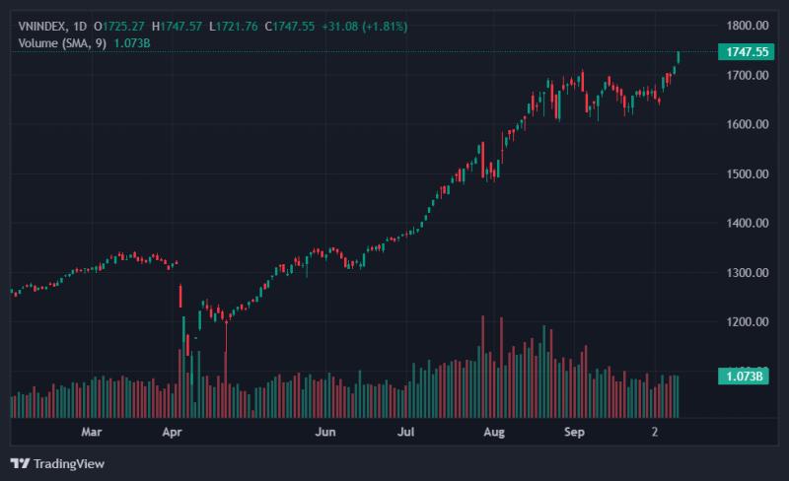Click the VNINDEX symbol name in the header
tap(41, 27)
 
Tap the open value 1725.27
tap(123, 27)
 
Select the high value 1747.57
tap(181, 27)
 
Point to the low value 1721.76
tap(237, 27)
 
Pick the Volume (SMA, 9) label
tap(62, 43)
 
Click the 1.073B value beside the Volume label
tap(132, 43)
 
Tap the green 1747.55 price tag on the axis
tap(746, 52)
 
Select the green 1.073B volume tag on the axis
tap(744, 377)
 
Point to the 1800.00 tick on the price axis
tap(748, 26)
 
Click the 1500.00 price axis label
tap(748, 174)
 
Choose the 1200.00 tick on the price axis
tap(748, 322)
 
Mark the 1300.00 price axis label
tap(748, 273)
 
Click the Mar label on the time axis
tap(92, 432)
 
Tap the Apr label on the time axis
tap(172, 432)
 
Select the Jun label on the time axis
tap(325, 432)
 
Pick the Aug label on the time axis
tap(494, 432)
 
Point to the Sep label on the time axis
tap(574, 432)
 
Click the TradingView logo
tap(57, 463)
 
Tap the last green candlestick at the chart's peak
tap(679, 57)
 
